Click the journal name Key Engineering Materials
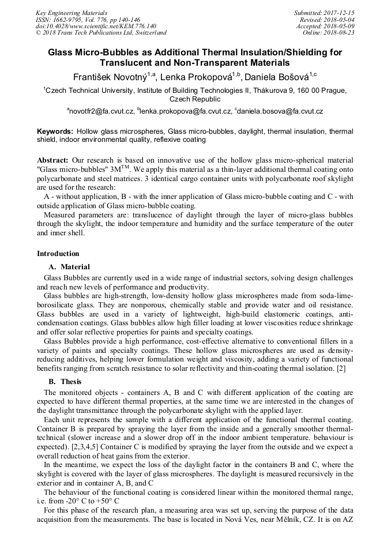tap(72, 12)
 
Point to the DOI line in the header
tap(96, 26)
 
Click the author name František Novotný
tap(109, 77)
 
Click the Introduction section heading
tap(58, 254)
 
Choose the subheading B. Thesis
tap(65, 382)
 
